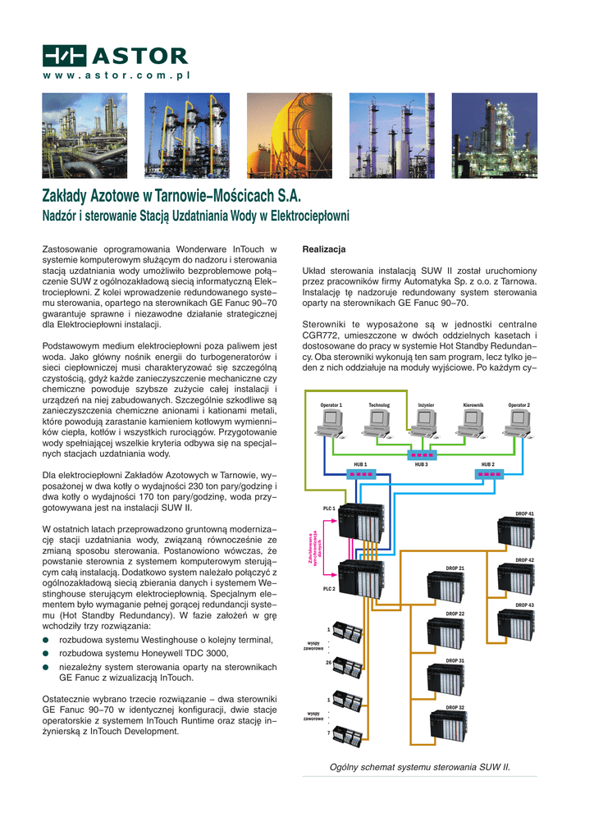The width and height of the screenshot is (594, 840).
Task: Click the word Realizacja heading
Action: tap(324, 249)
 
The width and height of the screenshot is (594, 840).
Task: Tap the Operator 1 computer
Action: tap(331, 422)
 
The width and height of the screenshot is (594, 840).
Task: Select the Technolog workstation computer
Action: tap(378, 422)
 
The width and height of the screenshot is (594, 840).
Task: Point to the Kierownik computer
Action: tap(473, 422)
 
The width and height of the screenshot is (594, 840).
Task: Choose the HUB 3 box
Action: tap(422, 455)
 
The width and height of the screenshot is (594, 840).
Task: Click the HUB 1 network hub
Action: tap(360, 474)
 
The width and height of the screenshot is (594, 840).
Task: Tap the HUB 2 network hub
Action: tap(488, 474)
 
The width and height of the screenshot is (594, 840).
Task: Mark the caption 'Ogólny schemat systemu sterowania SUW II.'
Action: tap(419, 768)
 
